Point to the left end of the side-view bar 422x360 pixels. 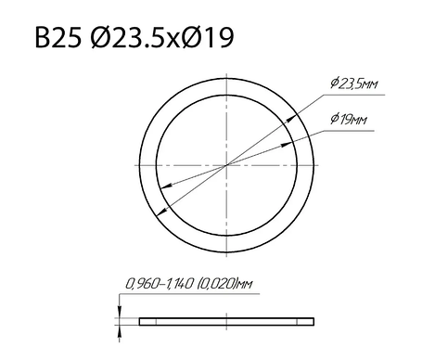pos(141,322)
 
